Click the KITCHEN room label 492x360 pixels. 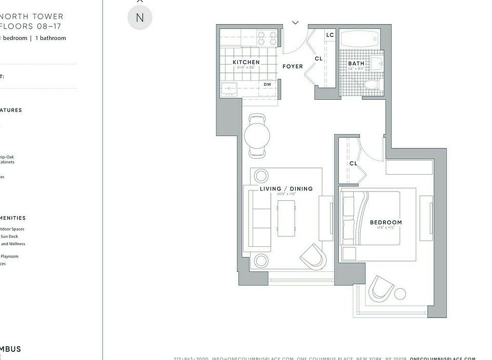(246, 62)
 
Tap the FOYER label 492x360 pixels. (293, 67)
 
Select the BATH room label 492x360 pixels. (356, 63)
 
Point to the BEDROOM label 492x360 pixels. (386, 222)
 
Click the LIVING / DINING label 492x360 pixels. (286, 188)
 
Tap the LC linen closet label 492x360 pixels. (330, 35)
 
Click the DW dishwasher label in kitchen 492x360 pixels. (267, 84)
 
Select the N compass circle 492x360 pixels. (140, 17)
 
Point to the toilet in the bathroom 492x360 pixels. (370, 84)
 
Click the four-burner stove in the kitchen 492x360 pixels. (266, 38)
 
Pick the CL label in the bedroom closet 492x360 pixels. (353, 163)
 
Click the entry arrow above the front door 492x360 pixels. (295, 23)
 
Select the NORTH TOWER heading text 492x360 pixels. (32, 16)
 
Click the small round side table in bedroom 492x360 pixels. (400, 294)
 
